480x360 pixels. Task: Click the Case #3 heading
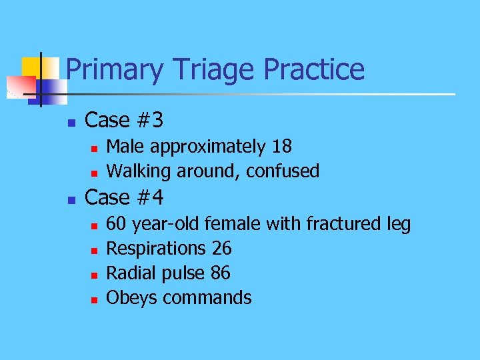[x=125, y=121]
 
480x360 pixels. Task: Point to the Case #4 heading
[x=125, y=198]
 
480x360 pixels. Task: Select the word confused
[x=283, y=171]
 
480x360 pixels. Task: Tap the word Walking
[x=139, y=171]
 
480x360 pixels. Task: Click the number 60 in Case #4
[x=118, y=224]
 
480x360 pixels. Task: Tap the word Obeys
[x=132, y=298]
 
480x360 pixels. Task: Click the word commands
[x=207, y=298]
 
